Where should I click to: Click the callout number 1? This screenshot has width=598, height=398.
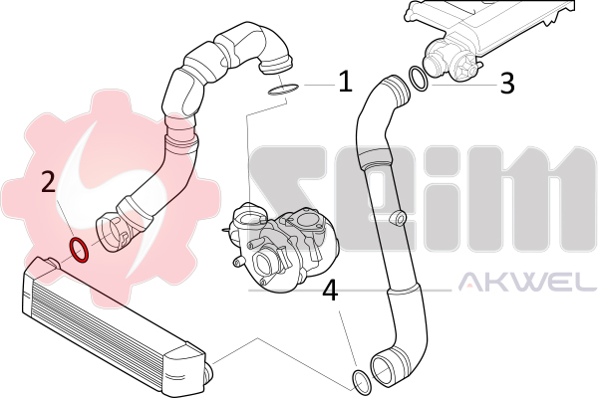[346, 82]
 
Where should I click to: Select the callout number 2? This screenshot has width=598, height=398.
[49, 181]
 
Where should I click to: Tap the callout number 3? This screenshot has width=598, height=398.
[507, 84]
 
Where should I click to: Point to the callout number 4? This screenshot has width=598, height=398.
[330, 291]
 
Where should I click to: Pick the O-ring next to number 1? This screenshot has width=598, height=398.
[283, 90]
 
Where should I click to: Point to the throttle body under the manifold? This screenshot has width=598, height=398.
[450, 61]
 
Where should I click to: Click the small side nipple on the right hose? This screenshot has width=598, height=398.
[398, 218]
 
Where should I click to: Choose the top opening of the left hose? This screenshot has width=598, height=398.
[275, 64]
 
